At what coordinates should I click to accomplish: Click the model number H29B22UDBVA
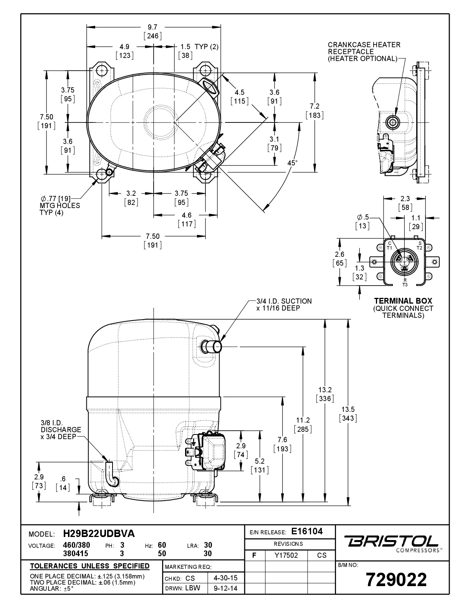point(99,534)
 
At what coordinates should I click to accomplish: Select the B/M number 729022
point(396,580)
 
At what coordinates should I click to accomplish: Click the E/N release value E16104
point(307,531)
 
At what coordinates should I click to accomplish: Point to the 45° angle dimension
point(292,163)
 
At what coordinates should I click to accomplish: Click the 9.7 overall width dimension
point(152,31)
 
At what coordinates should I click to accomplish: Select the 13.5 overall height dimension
point(348,414)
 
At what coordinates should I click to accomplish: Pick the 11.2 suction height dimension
point(303,425)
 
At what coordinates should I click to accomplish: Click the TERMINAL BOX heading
point(403,301)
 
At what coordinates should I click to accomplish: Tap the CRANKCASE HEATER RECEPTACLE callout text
point(364,52)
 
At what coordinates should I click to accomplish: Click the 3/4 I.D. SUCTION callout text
point(284,305)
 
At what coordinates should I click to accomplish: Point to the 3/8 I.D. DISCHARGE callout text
point(61,430)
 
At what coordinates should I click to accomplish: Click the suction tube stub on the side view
point(212,347)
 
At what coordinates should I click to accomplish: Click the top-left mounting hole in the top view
point(102,71)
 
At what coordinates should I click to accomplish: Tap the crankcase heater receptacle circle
point(393,122)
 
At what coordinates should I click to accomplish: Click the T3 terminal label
point(405,285)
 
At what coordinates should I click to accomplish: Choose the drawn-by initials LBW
point(193,588)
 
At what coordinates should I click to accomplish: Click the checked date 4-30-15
point(226,578)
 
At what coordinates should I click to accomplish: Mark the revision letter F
point(254,555)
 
